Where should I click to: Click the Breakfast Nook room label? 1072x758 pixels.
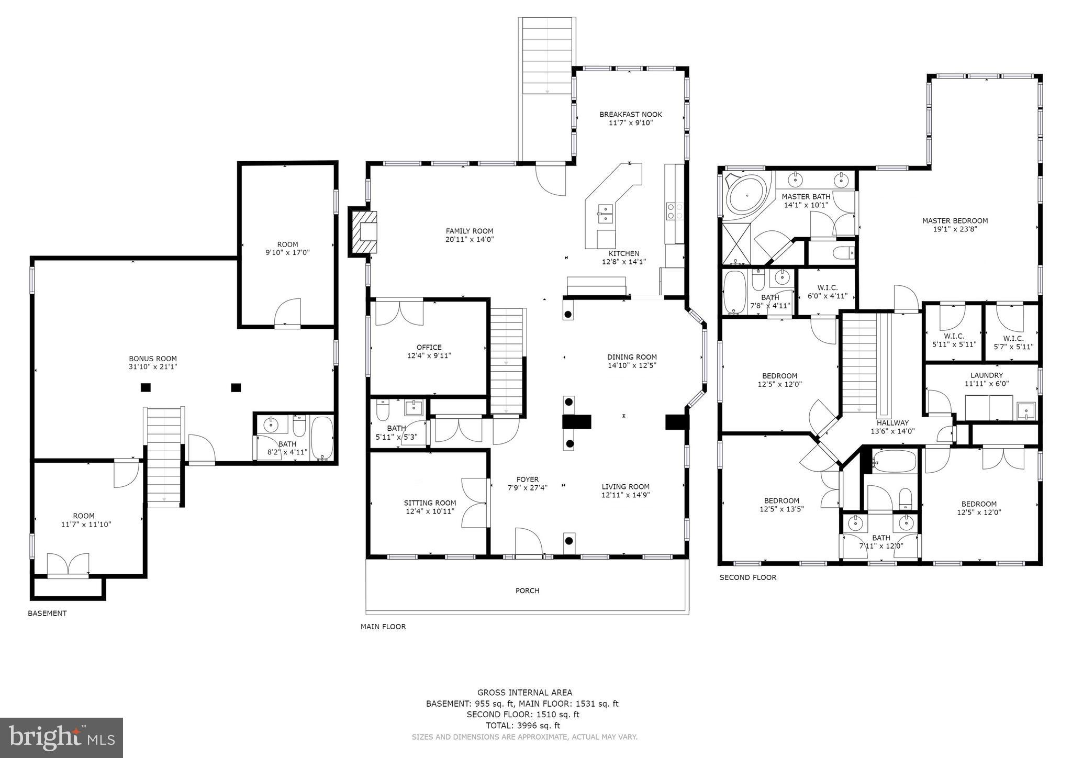(630, 115)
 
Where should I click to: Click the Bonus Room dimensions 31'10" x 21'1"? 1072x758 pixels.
(153, 367)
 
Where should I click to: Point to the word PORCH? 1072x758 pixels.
(527, 590)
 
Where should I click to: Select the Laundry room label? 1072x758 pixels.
(986, 375)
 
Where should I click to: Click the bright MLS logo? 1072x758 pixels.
(61, 738)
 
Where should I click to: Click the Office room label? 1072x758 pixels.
(429, 347)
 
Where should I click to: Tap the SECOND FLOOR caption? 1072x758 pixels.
(747, 577)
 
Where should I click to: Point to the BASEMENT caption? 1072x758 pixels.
(47, 613)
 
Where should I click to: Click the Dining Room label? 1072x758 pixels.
(632, 357)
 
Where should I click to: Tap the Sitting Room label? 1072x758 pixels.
(430, 503)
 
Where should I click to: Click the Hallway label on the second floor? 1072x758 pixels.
(892, 423)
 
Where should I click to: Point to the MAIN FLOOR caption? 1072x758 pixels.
(383, 627)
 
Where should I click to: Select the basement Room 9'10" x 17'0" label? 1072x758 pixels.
(287, 244)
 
